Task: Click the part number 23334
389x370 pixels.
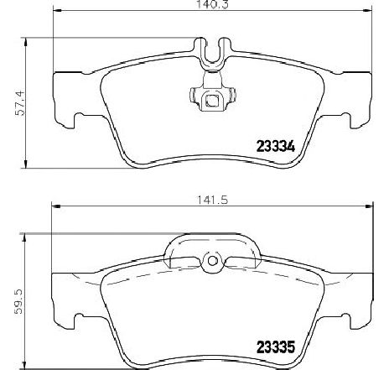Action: click(x=276, y=147)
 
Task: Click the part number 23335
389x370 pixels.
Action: click(x=276, y=347)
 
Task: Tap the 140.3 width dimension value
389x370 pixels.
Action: click(x=212, y=4)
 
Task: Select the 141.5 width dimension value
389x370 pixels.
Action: click(x=213, y=200)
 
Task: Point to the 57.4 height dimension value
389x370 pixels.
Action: click(x=20, y=103)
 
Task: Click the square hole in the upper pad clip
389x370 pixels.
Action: click(x=212, y=101)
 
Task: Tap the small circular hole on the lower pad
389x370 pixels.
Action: click(x=213, y=261)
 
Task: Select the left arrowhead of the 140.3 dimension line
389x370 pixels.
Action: click(x=57, y=11)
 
